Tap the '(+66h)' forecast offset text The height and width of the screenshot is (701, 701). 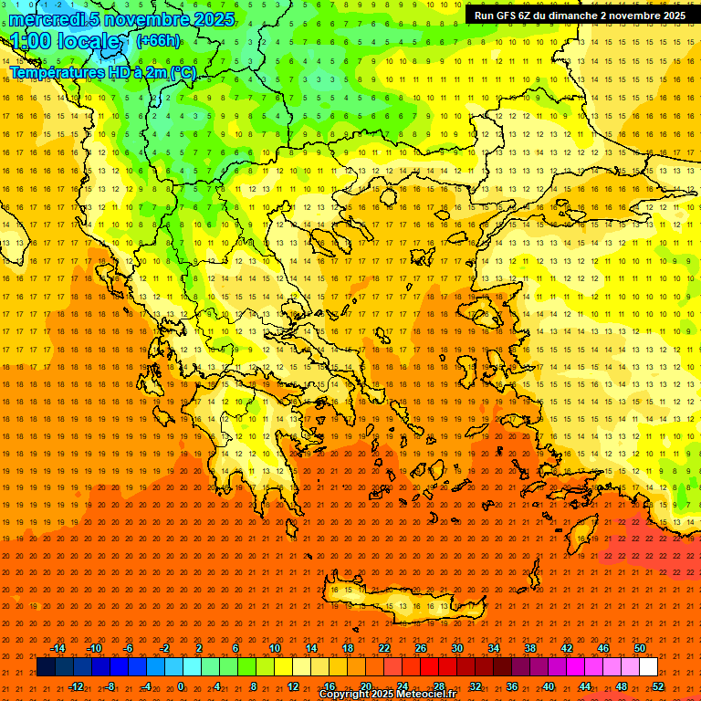point(158,41)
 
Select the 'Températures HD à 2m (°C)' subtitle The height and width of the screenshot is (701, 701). point(102,72)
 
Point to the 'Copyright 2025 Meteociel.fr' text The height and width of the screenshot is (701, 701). point(387,695)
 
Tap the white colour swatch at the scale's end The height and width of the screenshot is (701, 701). point(648,667)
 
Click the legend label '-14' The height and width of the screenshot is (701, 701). point(58,648)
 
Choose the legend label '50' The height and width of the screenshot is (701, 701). point(640,648)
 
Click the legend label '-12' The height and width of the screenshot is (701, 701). point(76,686)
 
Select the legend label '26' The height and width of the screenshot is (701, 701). point(421,648)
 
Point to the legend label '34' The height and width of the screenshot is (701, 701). point(494,648)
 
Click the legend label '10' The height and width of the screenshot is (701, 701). point(275,648)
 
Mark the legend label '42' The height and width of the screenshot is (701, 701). point(567,648)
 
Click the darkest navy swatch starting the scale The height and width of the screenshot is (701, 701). point(46,667)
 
